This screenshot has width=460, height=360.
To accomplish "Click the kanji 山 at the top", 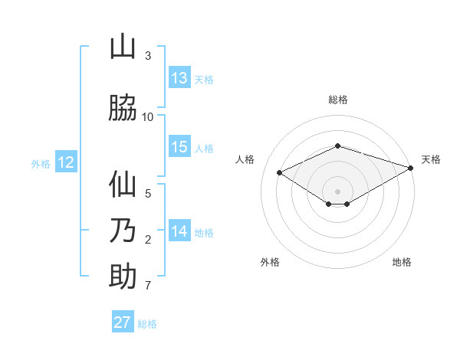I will pyautogui.click(x=123, y=47).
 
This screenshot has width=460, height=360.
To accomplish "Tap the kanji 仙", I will pyautogui.click(x=123, y=185).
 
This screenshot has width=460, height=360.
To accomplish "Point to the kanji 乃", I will pyautogui.click(x=123, y=231).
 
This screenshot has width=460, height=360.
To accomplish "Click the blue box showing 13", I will pyautogui.click(x=179, y=78).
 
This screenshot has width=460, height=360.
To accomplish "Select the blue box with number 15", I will pyautogui.click(x=179, y=147).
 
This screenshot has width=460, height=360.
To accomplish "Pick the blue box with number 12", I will pyautogui.click(x=66, y=162).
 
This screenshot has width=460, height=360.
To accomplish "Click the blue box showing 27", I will pyautogui.click(x=123, y=322).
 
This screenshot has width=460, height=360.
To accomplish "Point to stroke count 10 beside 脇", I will pyautogui.click(x=148, y=116).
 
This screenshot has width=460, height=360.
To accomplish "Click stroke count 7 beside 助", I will pyautogui.click(x=148, y=286).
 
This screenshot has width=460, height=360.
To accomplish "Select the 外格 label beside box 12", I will pyautogui.click(x=41, y=163).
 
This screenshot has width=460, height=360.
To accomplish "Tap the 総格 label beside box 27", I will pyautogui.click(x=147, y=323).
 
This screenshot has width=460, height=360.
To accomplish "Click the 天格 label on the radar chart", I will pyautogui.click(x=431, y=159).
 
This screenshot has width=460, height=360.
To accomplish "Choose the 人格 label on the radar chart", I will pyautogui.click(x=245, y=159).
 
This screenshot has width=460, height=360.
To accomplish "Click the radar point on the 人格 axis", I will pyautogui.click(x=280, y=172).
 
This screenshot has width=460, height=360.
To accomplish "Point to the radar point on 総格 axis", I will pyautogui.click(x=338, y=146).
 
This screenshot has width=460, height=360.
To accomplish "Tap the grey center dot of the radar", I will pyautogui.click(x=338, y=191).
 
